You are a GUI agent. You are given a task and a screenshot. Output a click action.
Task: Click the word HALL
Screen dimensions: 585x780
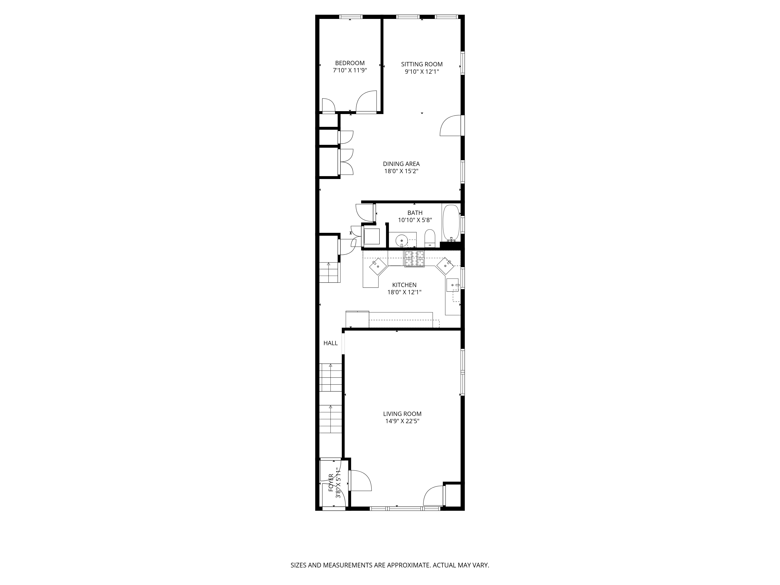330,343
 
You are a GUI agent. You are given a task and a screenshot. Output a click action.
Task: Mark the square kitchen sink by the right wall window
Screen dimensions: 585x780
453,285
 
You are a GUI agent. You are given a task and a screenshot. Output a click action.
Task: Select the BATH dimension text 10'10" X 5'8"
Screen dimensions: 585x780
415,220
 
